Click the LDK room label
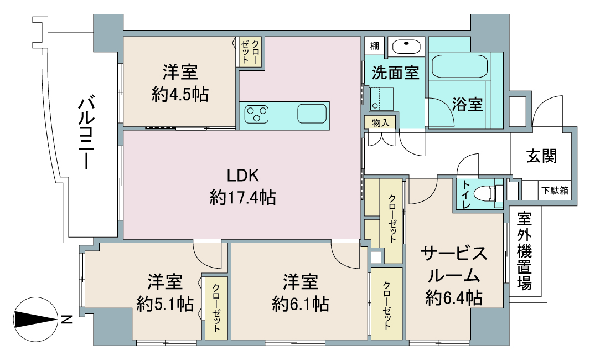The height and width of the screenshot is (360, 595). (243, 176)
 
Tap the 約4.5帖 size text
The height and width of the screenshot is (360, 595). (180, 94)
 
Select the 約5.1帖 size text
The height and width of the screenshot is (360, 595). (165, 304)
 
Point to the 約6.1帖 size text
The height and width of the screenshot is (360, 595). (300, 304)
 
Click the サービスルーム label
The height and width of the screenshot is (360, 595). (454, 264)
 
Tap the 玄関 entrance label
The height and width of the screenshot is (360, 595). (541, 156)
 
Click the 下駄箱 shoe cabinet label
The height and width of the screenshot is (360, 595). (555, 191)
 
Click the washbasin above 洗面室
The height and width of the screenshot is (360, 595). (406, 47)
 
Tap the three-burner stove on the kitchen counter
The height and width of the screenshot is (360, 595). (256, 114)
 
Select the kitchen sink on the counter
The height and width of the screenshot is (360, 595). (312, 114)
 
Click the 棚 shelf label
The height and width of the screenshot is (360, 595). (375, 47)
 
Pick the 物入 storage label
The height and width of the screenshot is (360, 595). (380, 122)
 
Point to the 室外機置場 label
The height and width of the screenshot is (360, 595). (524, 251)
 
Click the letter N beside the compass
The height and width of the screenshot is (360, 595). (66, 320)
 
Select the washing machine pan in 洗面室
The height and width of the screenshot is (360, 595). (381, 99)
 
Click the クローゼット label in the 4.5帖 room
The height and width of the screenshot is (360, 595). (250, 52)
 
